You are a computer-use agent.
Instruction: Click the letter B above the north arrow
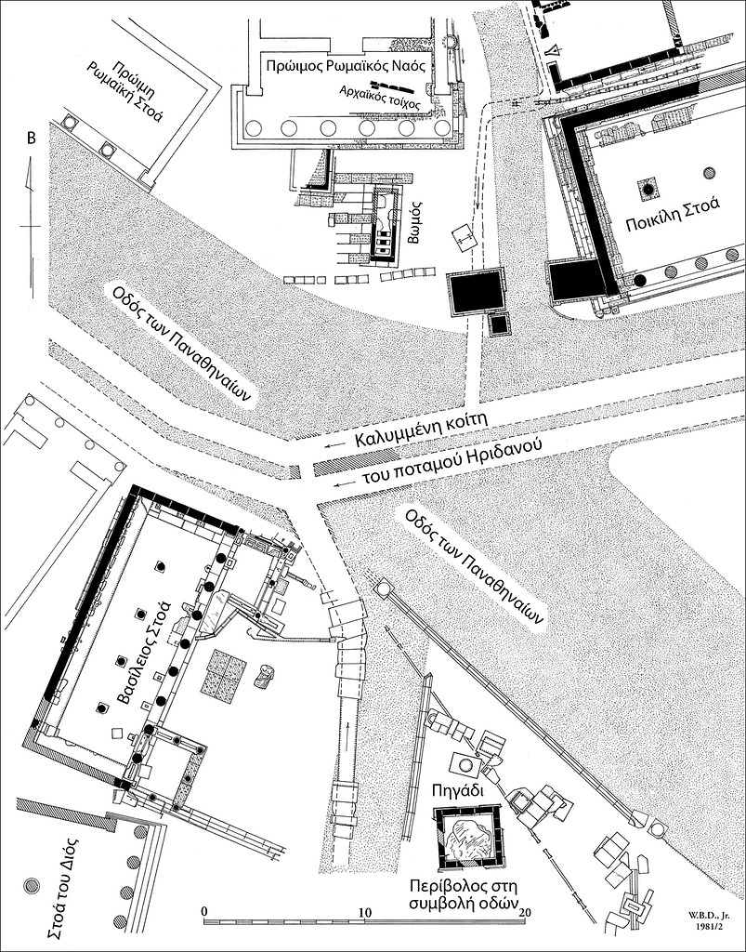click(31, 139)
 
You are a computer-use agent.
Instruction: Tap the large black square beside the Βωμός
click(476, 291)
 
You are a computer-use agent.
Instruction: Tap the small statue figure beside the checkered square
click(265, 676)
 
